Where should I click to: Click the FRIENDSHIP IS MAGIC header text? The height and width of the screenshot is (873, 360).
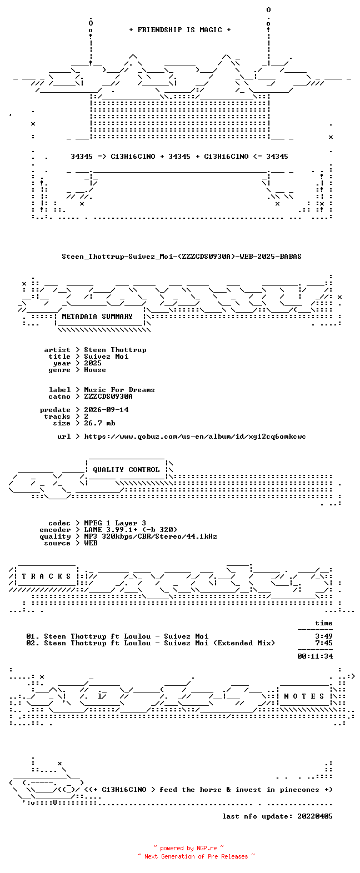180,30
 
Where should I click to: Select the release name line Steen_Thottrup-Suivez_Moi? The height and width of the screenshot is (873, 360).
181,257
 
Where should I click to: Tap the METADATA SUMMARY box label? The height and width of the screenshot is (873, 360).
97,317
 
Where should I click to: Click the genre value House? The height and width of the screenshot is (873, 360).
95,370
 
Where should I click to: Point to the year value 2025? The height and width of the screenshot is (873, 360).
92,363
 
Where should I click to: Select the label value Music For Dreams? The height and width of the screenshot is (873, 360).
119,390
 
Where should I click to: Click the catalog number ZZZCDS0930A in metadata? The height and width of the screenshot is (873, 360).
108,397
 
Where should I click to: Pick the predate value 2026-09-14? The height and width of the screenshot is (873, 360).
106,410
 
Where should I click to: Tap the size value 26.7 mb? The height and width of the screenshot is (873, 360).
99,423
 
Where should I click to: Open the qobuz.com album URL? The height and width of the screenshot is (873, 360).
195,436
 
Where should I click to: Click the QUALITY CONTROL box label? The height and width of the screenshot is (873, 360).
126,470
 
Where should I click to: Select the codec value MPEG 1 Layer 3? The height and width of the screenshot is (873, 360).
115,523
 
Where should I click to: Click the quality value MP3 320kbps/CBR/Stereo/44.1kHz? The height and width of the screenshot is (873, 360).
151,536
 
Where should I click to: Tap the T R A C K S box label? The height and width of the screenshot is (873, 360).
46,576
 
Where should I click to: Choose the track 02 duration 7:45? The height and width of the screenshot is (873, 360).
324,643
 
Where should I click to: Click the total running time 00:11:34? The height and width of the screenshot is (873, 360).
315,656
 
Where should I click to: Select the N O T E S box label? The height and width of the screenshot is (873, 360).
304,696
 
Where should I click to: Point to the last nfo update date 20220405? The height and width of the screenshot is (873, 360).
315,816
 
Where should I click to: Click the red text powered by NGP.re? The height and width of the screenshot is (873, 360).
188,848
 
